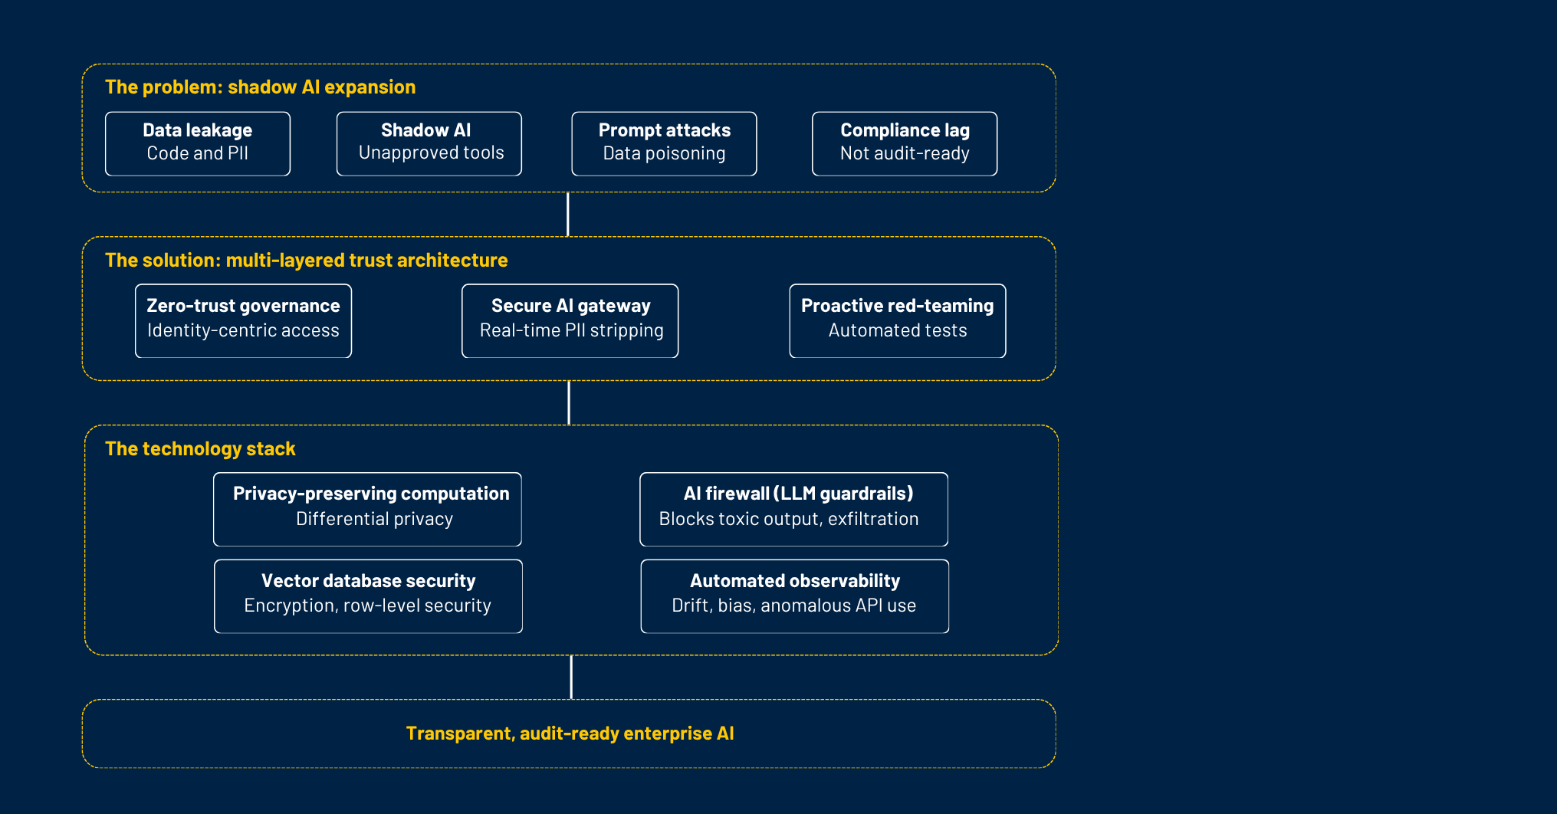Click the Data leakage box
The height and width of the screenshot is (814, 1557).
[x=198, y=144]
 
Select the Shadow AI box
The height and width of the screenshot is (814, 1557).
[x=429, y=144]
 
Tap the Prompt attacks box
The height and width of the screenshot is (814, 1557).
[x=664, y=144]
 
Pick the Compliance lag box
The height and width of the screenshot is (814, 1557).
[x=905, y=144]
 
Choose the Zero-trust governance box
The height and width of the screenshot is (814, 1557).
[x=243, y=321]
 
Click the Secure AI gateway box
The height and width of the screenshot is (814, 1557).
[x=570, y=321]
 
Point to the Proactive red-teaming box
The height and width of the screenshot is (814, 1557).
[x=898, y=321]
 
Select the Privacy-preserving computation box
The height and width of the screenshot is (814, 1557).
[x=367, y=510]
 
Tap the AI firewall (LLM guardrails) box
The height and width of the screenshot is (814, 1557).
[x=794, y=510]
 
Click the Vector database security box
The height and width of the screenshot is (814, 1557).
[x=368, y=596]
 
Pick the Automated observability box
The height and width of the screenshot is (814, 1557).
[x=795, y=596]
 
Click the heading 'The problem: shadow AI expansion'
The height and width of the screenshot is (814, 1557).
[x=261, y=87]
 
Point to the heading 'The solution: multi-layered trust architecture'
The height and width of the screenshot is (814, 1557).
[x=307, y=261]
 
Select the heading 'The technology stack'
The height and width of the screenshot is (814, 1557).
[x=200, y=449]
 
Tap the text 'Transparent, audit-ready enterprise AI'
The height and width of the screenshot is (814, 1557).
[x=570, y=734]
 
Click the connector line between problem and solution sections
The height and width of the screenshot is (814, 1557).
[x=567, y=215]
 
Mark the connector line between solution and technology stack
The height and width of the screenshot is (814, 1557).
[x=569, y=403]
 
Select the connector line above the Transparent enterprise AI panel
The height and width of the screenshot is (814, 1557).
[x=571, y=678]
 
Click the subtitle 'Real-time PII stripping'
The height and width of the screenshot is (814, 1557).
[x=572, y=331]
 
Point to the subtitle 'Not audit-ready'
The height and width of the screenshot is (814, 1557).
[x=905, y=153]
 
